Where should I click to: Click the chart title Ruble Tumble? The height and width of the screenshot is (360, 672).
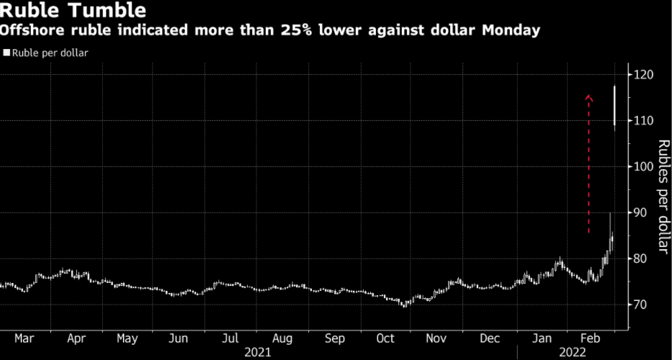point(75,11)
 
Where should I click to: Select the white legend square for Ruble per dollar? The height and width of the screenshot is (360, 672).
point(6,53)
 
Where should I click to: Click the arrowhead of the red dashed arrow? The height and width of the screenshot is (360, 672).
point(588,97)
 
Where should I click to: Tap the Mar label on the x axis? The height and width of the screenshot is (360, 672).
point(24,338)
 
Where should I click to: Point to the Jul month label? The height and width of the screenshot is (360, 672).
point(230,338)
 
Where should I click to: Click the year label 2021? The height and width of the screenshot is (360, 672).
point(258,352)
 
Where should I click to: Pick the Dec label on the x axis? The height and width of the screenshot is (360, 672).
point(490,338)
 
